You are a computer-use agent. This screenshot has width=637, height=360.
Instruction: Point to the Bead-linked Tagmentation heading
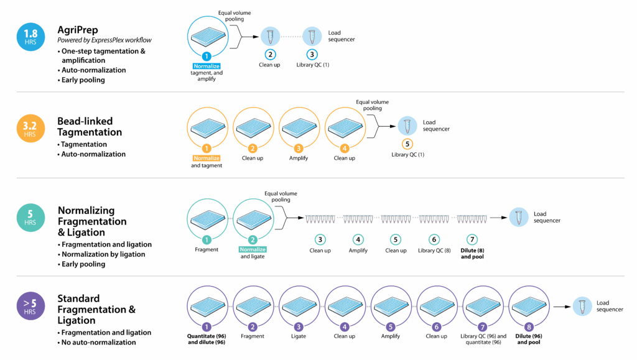pyautogui.click(x=90, y=126)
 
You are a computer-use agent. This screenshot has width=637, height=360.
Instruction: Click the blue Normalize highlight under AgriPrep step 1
pyautogui.click(x=207, y=66)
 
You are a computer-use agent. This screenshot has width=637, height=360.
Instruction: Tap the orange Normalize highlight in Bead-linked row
pyautogui.click(x=207, y=158)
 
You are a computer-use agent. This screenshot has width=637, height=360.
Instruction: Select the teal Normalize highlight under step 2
pyautogui.click(x=253, y=249)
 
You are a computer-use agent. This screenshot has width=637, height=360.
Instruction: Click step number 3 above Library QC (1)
pyautogui.click(x=312, y=55)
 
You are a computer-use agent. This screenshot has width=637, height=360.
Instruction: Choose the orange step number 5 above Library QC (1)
pyautogui.click(x=407, y=144)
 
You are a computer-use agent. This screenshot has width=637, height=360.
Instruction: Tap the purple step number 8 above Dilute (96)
pyautogui.click(x=529, y=326)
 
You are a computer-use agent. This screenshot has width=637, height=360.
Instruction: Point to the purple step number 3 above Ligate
pyautogui.click(x=299, y=326)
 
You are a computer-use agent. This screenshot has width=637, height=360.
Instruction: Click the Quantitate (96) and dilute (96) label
pyautogui.click(x=207, y=339)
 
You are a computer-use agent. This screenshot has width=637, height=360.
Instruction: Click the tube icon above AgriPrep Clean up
pyautogui.click(x=270, y=35)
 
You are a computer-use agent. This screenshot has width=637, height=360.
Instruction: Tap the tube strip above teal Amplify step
pyautogui.click(x=358, y=219)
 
